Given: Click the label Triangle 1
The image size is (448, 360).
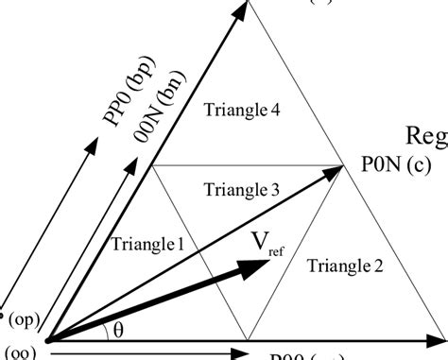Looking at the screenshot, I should click(x=146, y=244).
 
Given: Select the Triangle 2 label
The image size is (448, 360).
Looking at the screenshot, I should click(x=346, y=268).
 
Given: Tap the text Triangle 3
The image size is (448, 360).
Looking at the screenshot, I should click(x=241, y=190).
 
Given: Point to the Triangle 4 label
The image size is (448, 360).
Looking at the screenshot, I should click(x=241, y=109).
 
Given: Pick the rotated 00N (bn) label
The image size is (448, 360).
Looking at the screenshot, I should click(x=152, y=99).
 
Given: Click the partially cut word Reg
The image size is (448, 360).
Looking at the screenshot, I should click(x=426, y=134).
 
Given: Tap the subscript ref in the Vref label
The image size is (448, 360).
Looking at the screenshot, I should click(x=275, y=250).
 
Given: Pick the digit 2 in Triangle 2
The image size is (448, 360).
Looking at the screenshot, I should click(x=378, y=268).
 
